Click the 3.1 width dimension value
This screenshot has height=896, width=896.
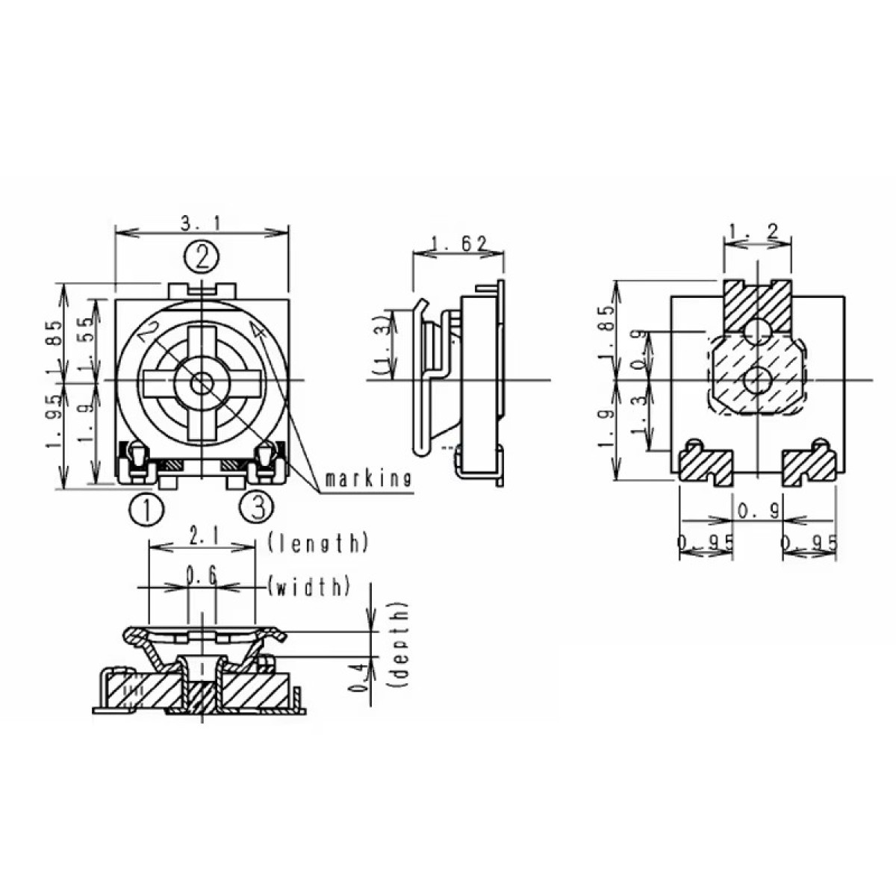pyautogui.click(x=201, y=223)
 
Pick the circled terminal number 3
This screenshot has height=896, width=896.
pyautogui.click(x=257, y=508)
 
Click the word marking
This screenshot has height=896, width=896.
pyautogui.click(x=368, y=479)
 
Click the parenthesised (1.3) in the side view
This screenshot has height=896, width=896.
pyautogui.click(x=382, y=344)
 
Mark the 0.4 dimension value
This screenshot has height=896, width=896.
pyautogui.click(x=359, y=676)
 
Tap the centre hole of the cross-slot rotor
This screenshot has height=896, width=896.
pyautogui.click(x=200, y=383)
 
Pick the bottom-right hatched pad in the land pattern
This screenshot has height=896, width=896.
pyautogui.click(x=809, y=466)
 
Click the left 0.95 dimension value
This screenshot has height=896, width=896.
pyautogui.click(x=705, y=544)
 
